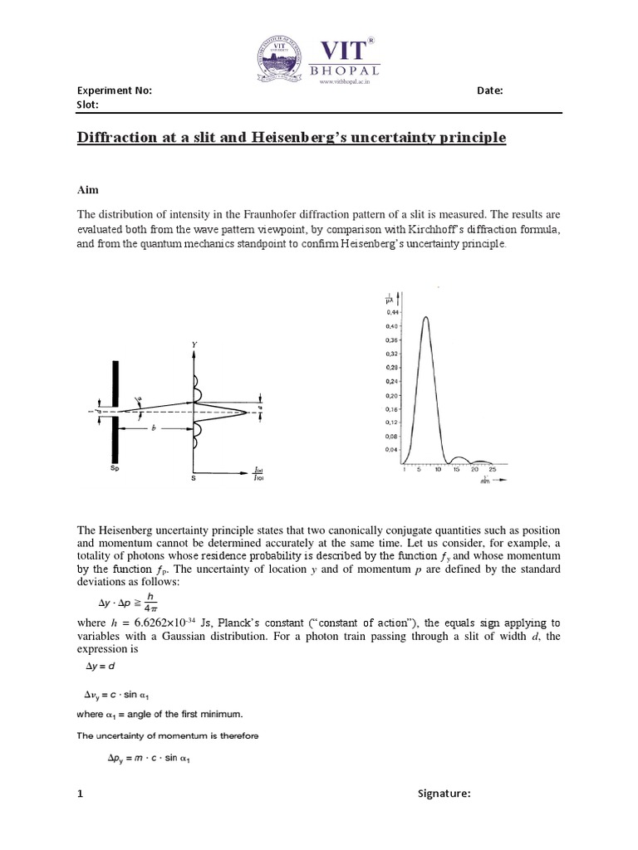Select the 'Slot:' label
87,105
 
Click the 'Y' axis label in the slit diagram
194,343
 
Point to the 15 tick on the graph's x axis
456,470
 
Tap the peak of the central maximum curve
425,317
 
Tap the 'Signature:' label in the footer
444,794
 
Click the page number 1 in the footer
80,794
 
